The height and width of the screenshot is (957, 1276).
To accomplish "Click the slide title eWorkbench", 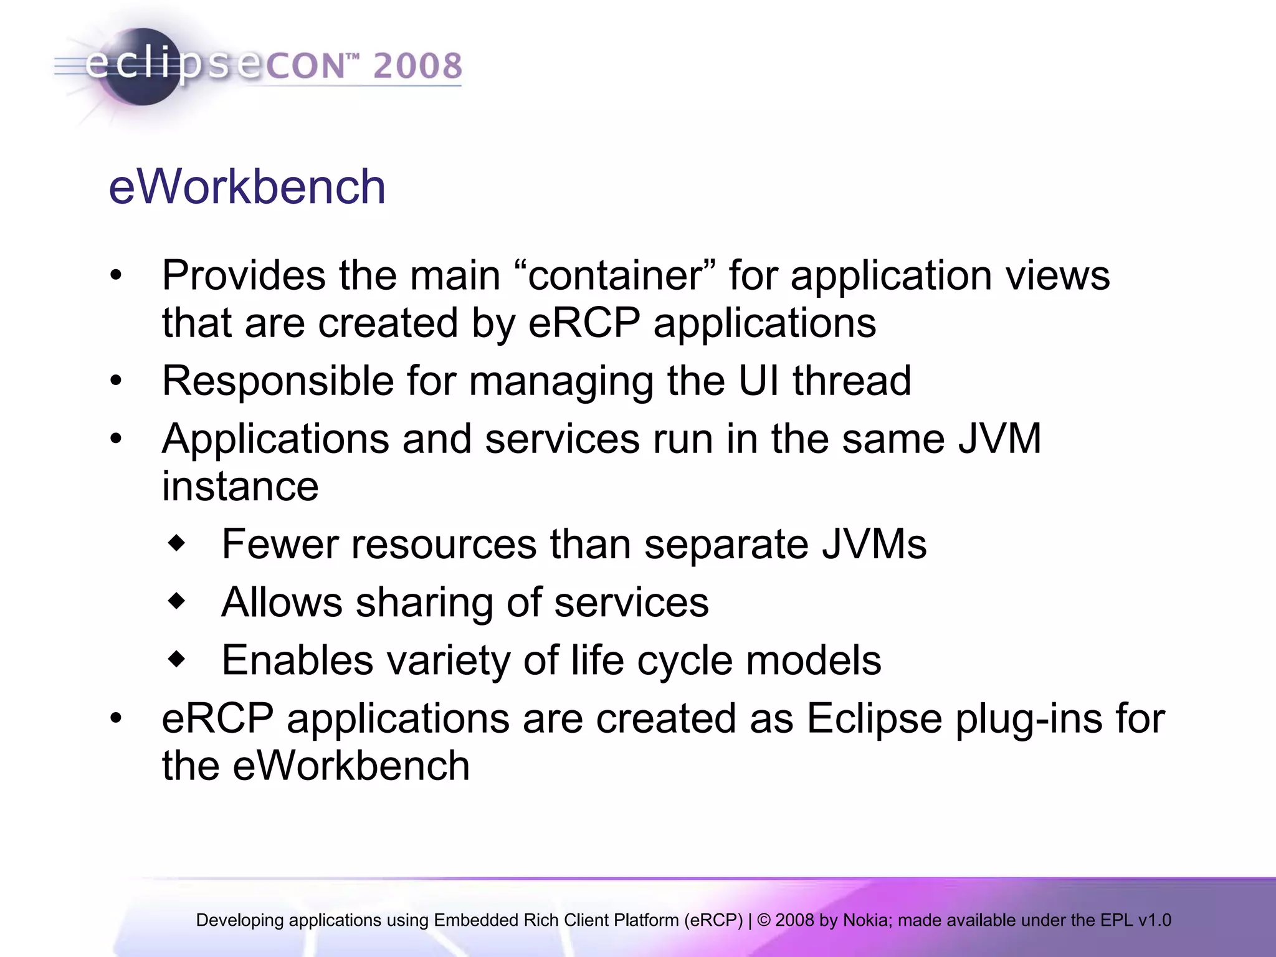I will (247, 187).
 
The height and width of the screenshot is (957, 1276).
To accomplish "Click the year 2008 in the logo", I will (417, 66).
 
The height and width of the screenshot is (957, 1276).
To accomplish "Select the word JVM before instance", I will (999, 438).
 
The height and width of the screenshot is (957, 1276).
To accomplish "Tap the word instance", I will (240, 486).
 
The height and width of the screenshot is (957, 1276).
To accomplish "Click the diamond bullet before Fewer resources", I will (178, 543).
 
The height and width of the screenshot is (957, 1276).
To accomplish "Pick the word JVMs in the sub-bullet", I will (874, 544).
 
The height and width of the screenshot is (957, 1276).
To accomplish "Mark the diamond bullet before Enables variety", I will (178, 659).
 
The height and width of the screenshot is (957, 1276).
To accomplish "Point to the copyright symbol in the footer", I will (764, 920).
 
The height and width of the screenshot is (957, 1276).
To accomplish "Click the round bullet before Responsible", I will (116, 381).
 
